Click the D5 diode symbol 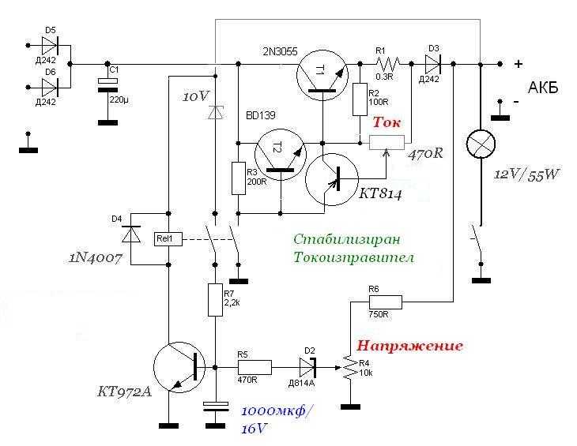(x=50, y=46)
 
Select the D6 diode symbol (x=50, y=88)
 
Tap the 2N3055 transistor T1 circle (x=322, y=75)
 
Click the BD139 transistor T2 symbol (x=281, y=155)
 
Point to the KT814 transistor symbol (x=332, y=179)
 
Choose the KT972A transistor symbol (x=179, y=367)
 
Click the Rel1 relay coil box (x=168, y=239)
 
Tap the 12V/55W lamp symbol (x=481, y=144)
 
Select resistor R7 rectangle (x=215, y=300)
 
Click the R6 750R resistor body (x=386, y=302)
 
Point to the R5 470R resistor (x=255, y=367)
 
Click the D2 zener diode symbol (x=307, y=367)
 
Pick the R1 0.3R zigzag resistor (x=387, y=64)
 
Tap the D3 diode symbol (x=433, y=64)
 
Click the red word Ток (x=386, y=122)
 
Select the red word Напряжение (x=409, y=346)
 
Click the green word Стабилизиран (x=347, y=239)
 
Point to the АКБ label (x=543, y=88)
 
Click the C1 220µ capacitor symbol (x=107, y=85)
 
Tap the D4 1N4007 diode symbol (x=131, y=234)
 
